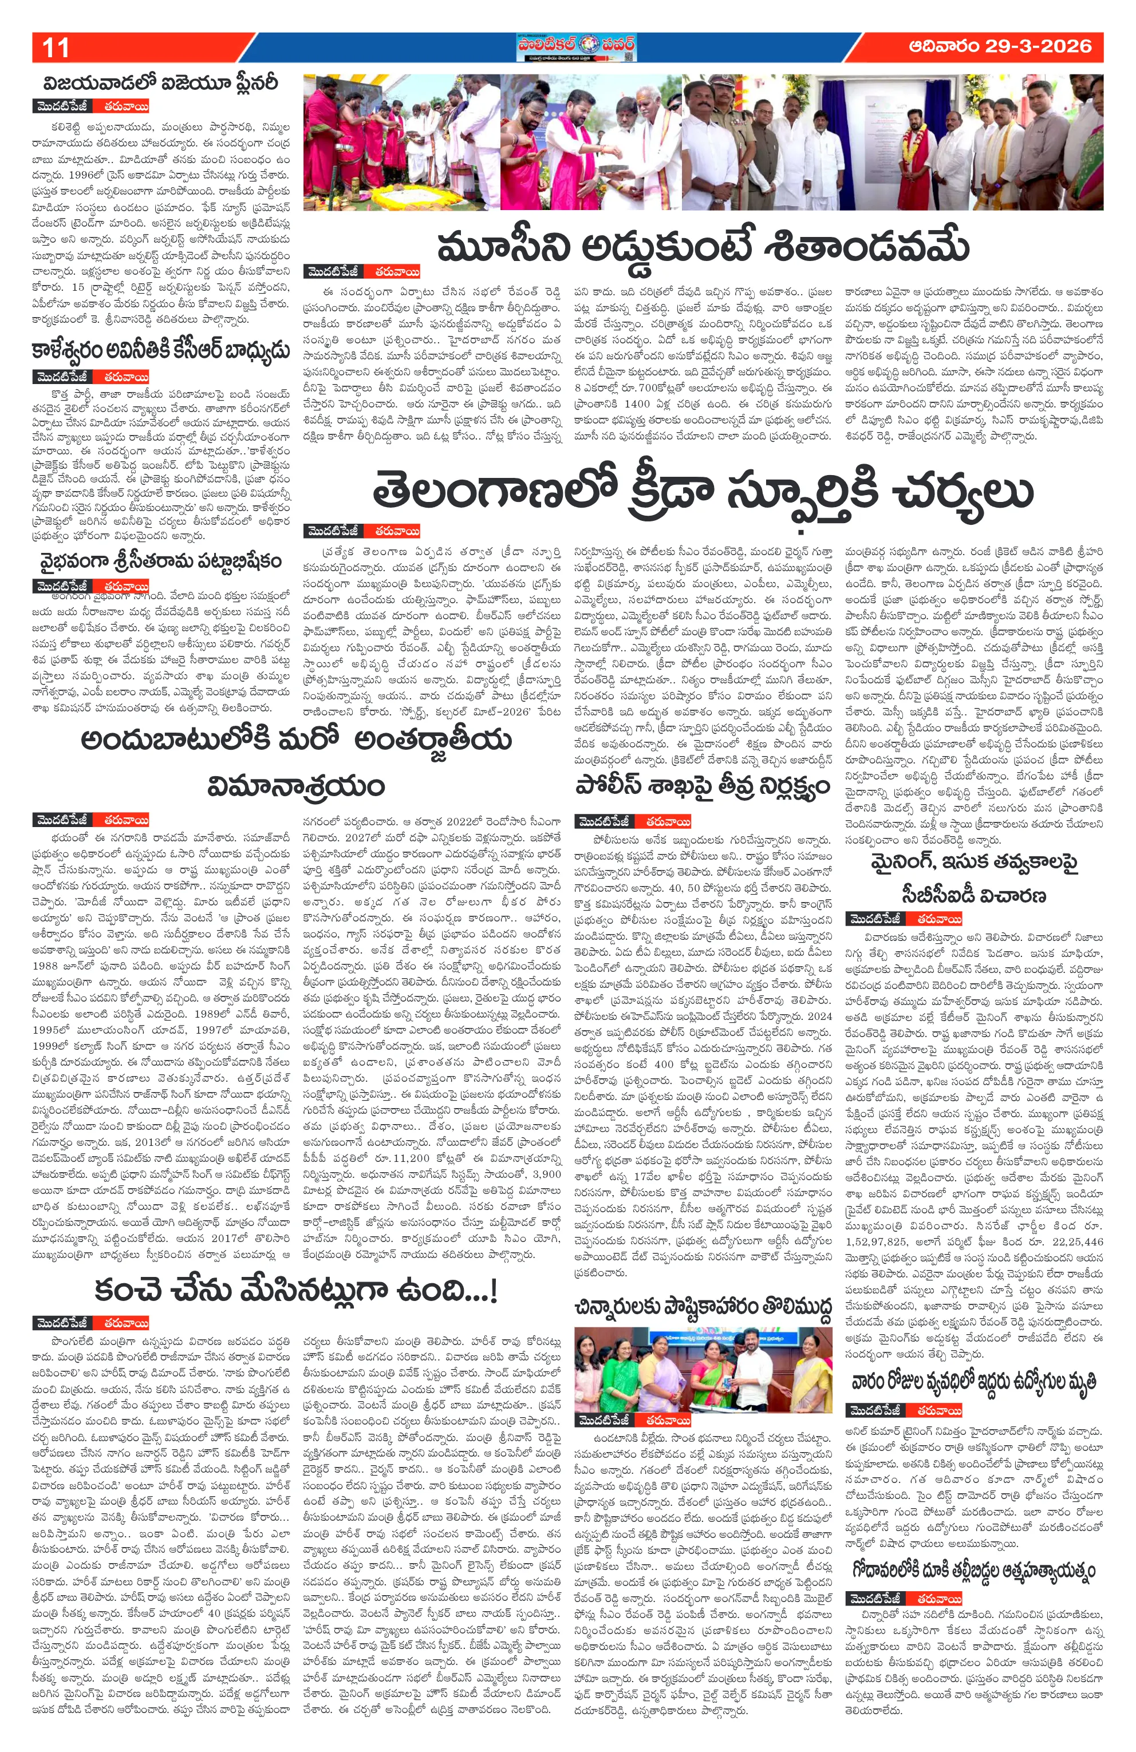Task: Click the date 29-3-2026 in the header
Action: [x=999, y=46]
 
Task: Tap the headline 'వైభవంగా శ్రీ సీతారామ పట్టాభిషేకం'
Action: [x=161, y=561]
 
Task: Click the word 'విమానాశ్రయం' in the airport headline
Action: [x=296, y=785]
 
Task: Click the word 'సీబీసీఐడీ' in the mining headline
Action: [x=973, y=895]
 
